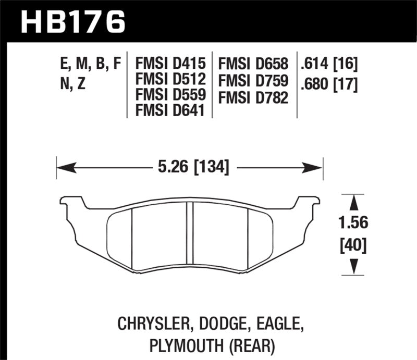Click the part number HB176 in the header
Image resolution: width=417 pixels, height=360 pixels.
[x=72, y=22]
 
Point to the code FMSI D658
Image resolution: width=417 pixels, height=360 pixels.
[x=254, y=65]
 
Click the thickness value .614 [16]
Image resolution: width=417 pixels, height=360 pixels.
[x=328, y=65]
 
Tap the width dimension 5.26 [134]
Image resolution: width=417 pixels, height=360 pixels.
[x=190, y=168]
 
